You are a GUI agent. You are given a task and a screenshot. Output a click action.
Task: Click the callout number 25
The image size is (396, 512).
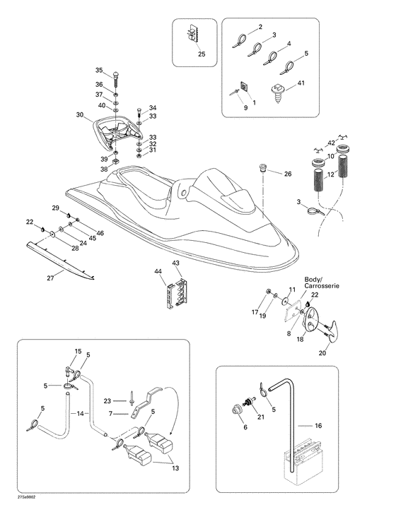pyautogui.click(x=202, y=54)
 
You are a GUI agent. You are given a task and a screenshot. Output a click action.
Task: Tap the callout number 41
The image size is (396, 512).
pyautogui.click(x=301, y=83)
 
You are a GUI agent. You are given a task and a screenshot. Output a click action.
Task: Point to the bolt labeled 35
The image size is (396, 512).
pyautogui.click(x=116, y=79)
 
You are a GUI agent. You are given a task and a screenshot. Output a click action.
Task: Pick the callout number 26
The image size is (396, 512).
pyautogui.click(x=288, y=174)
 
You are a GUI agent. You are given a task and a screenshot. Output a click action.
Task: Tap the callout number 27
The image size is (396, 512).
pyautogui.click(x=50, y=278)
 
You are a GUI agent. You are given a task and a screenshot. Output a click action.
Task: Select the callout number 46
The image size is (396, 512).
pyautogui.click(x=100, y=233)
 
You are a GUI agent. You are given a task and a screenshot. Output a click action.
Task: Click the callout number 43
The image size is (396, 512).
pyautogui.click(x=176, y=263)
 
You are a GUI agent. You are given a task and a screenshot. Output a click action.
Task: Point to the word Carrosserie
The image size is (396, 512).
pyautogui.click(x=322, y=286)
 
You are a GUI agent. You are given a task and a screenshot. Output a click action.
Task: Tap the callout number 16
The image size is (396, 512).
pyautogui.click(x=318, y=425)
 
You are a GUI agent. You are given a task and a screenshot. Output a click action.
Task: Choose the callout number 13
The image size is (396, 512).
pyautogui.click(x=175, y=468)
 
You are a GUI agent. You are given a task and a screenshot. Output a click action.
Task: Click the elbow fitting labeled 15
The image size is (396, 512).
pyautogui.click(x=69, y=371)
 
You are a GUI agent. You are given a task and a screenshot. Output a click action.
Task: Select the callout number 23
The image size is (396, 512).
pyautogui.click(x=107, y=401)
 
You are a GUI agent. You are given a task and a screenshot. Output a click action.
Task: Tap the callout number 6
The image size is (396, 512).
pyautogui.click(x=245, y=427)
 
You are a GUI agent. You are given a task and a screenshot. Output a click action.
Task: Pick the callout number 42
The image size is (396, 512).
pyautogui.click(x=331, y=143)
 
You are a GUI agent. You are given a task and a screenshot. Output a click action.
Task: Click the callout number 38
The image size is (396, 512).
pyautogui.click(x=104, y=169)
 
